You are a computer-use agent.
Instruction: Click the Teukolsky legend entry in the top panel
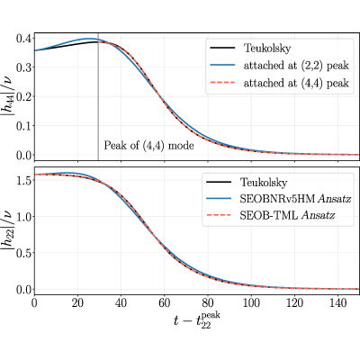(x=250, y=48)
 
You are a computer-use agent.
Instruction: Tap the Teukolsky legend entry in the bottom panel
(x=247, y=182)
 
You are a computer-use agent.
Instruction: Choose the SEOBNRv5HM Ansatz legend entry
(x=278, y=199)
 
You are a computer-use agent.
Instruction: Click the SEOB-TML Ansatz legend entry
(x=270, y=215)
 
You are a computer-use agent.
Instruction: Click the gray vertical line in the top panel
(x=98, y=96)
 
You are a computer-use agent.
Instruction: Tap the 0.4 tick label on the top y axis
(x=23, y=38)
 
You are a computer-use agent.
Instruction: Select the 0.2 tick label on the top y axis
(x=23, y=96)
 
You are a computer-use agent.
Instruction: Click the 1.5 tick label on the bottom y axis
(x=23, y=180)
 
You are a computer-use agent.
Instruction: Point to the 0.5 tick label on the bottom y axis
(x=23, y=253)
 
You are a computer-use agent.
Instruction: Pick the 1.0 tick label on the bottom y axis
(x=23, y=216)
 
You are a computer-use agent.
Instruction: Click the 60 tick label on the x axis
(x=165, y=303)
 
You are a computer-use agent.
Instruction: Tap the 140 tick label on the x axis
(x=337, y=303)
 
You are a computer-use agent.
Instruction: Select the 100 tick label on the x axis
(x=251, y=303)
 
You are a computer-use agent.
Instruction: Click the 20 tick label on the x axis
(x=77, y=303)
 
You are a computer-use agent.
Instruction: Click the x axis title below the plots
(x=196, y=320)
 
